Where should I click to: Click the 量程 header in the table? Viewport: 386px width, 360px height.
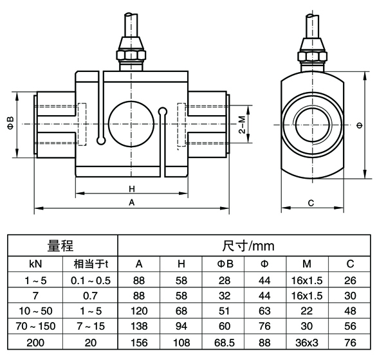point(62,246)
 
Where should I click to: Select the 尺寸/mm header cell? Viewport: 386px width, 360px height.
point(244,246)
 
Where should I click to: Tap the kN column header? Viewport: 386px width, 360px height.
point(35,264)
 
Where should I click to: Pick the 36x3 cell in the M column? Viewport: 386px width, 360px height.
point(308,342)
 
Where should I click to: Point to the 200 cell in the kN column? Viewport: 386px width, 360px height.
point(35,342)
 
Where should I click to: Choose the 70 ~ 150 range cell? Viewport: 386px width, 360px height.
point(35,327)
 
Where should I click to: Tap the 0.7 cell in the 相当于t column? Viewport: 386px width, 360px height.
point(90,295)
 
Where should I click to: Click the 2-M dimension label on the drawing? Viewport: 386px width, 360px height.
point(241,122)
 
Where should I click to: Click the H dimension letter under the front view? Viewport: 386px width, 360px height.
point(131,189)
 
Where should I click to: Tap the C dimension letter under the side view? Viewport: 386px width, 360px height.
point(311,203)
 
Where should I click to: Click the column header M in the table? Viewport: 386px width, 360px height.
point(308,264)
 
